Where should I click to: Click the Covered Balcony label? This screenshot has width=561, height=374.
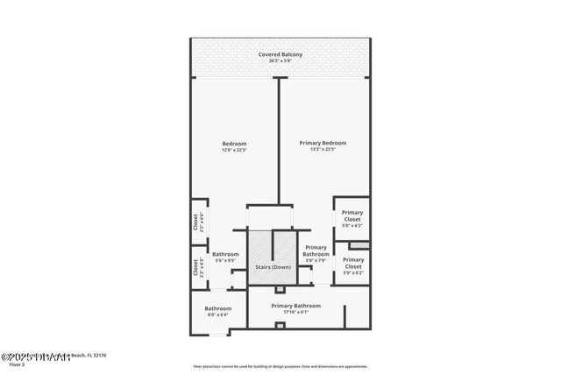coord(280,55)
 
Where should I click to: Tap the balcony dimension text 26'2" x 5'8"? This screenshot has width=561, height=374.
coord(280,61)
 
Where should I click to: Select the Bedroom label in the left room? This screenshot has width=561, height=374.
coord(234,143)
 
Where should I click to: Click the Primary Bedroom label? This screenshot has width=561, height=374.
coord(323,143)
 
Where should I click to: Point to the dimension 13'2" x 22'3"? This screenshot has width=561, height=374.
coord(323,150)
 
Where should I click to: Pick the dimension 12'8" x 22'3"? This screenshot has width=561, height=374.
coord(234,150)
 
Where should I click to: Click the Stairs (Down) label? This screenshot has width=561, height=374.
coord(273,266)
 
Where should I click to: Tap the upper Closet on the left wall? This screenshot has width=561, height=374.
coord(196,222)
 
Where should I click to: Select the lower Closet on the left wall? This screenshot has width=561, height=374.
coord(196,267)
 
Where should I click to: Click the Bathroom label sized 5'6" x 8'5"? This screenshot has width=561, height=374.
coord(225,254)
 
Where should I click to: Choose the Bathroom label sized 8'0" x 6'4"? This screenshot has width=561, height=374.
coord(218,308)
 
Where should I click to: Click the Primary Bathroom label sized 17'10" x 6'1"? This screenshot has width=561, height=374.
coord(295,306)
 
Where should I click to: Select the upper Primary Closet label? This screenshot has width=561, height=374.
coord(352,215)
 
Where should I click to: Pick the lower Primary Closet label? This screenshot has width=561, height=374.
coord(353,263)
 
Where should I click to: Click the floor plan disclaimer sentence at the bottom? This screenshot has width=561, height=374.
coord(280,366)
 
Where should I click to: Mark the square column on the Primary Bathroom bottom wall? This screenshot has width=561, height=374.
coord(280,326)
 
